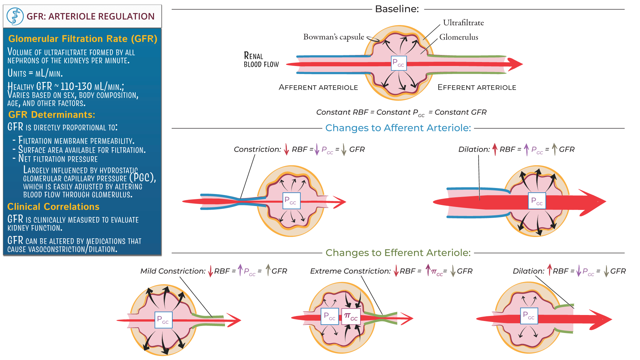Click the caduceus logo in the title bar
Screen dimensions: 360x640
(x=15, y=16)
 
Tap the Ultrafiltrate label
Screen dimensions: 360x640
(x=463, y=23)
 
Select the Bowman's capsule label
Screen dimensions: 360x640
(x=333, y=37)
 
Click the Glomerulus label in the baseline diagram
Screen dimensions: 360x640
(x=458, y=37)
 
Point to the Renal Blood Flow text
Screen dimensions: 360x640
(x=261, y=60)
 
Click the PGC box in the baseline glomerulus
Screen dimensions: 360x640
(x=399, y=63)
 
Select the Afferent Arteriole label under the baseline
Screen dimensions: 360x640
(x=318, y=88)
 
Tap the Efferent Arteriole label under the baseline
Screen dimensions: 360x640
(x=477, y=88)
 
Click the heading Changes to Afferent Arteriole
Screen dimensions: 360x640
(x=398, y=128)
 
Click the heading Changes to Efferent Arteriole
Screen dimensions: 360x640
(x=398, y=253)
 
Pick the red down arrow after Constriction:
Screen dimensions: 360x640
(x=286, y=149)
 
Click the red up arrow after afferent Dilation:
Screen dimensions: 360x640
(x=495, y=149)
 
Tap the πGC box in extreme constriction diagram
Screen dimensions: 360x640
(x=351, y=317)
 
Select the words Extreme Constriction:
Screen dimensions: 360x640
(x=350, y=271)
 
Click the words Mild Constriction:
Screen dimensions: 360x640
(x=173, y=271)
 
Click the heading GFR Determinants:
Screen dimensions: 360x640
(x=52, y=115)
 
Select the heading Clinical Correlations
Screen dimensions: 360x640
(x=53, y=207)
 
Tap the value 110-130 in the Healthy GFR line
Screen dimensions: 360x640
(x=76, y=87)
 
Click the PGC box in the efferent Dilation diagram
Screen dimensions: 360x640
(x=529, y=316)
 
